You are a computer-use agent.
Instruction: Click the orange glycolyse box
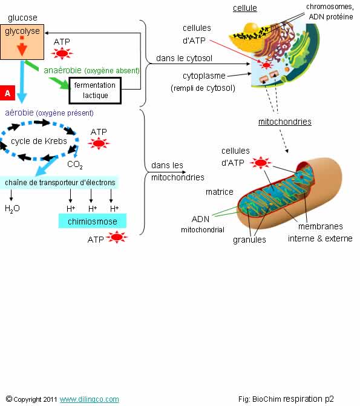(x=22, y=42)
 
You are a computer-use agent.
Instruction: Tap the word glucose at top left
(x=22, y=18)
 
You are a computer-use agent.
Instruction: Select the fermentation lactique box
(x=95, y=90)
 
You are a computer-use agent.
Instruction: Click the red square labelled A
(x=7, y=93)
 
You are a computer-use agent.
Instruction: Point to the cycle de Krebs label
(x=39, y=141)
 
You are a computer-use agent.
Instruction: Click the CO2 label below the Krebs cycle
(x=75, y=165)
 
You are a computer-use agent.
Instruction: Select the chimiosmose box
(x=93, y=221)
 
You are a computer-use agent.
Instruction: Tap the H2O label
(x=12, y=208)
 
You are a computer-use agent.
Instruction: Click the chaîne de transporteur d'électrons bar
(x=59, y=182)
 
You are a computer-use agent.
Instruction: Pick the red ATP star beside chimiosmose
(x=117, y=237)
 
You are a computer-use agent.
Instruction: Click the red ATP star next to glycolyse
(x=62, y=54)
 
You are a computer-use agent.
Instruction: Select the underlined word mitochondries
(x=285, y=122)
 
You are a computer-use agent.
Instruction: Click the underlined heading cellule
(x=245, y=8)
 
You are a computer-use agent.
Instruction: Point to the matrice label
(x=220, y=192)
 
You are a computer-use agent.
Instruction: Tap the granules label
(x=249, y=240)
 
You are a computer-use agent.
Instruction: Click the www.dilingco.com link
(x=90, y=399)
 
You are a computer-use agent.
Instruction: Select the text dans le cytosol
(x=184, y=58)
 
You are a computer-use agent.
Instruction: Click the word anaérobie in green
(x=62, y=70)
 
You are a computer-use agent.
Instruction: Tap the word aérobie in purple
(x=19, y=113)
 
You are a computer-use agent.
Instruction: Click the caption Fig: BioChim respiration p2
(x=286, y=399)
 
